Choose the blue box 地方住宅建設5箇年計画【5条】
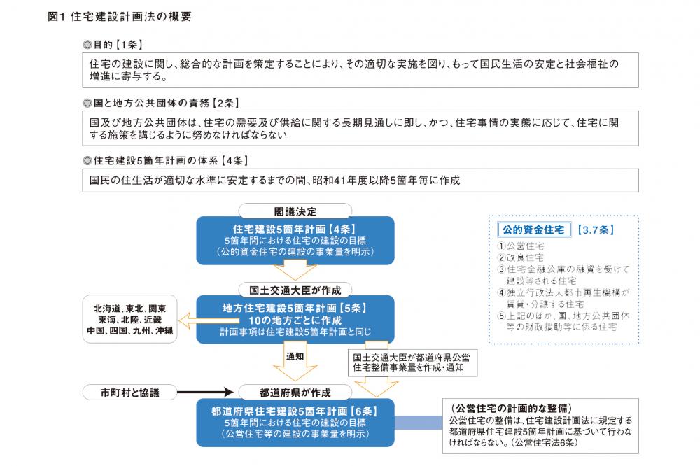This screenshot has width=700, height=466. click(x=295, y=319)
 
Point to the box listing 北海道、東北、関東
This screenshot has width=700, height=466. click(x=130, y=319)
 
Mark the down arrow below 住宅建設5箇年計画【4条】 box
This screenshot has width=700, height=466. click(x=295, y=270)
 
